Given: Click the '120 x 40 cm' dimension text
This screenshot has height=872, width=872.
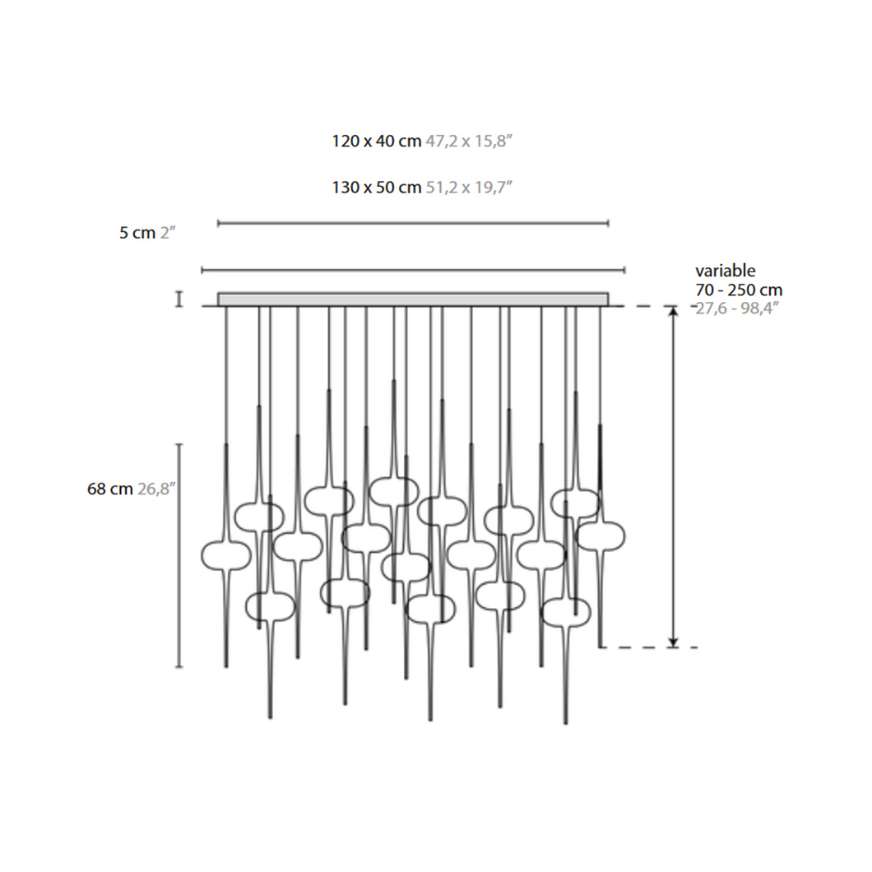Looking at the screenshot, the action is pos(377,141).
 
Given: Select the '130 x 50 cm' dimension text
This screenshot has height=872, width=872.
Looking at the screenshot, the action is pos(377,188).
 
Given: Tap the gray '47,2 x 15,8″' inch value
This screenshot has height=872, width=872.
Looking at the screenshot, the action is pos(468,141).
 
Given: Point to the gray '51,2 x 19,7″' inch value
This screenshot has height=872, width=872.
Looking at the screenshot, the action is pos(468,188).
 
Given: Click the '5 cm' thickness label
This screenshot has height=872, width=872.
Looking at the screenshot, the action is pos(137,233).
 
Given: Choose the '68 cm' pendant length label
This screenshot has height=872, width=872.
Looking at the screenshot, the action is pos(110,489).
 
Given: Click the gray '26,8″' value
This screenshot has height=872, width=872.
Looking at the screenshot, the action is pos(156,489).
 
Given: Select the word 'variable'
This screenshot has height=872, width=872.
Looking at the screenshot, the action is pos(726,271).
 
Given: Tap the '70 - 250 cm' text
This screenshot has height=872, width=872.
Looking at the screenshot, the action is pos(739,290).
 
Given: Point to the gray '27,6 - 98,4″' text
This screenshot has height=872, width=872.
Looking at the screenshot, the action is pos(737,308).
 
